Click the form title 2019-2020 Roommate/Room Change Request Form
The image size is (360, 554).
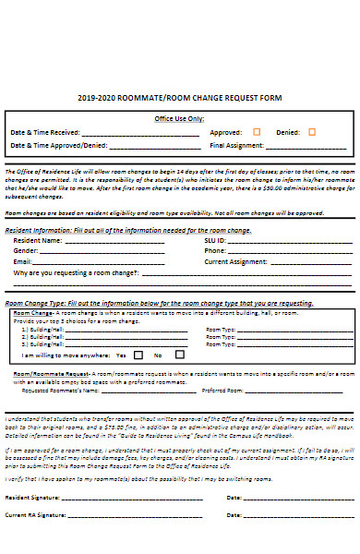click(x=180, y=97)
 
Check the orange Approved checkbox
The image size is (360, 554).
click(x=257, y=131)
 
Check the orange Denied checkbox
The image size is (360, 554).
click(x=313, y=131)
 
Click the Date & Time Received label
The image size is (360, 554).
click(x=44, y=132)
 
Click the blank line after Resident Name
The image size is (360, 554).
click(x=114, y=240)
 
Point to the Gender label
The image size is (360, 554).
click(x=26, y=250)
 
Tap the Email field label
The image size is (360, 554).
click(x=23, y=261)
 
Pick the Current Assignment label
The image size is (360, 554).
click(x=235, y=261)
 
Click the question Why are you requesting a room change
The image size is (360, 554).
click(x=76, y=273)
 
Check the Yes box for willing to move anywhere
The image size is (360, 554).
click(x=138, y=355)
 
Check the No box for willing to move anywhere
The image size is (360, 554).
click(x=180, y=355)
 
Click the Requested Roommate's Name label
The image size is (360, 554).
click(x=60, y=391)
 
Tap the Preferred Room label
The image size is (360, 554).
click(x=222, y=391)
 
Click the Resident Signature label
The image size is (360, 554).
click(x=35, y=498)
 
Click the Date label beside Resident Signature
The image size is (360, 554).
click(x=234, y=498)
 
